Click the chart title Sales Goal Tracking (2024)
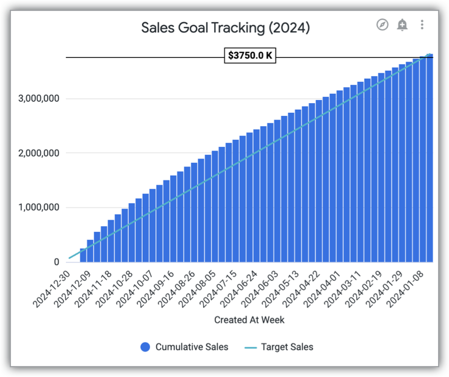point(225,27)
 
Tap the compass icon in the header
point(383,25)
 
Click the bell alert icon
point(402,25)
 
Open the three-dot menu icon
point(422,25)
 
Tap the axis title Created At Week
point(249,320)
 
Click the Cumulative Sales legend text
point(192,347)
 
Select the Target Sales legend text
point(287,347)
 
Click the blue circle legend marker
point(145,347)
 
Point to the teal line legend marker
point(250,347)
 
